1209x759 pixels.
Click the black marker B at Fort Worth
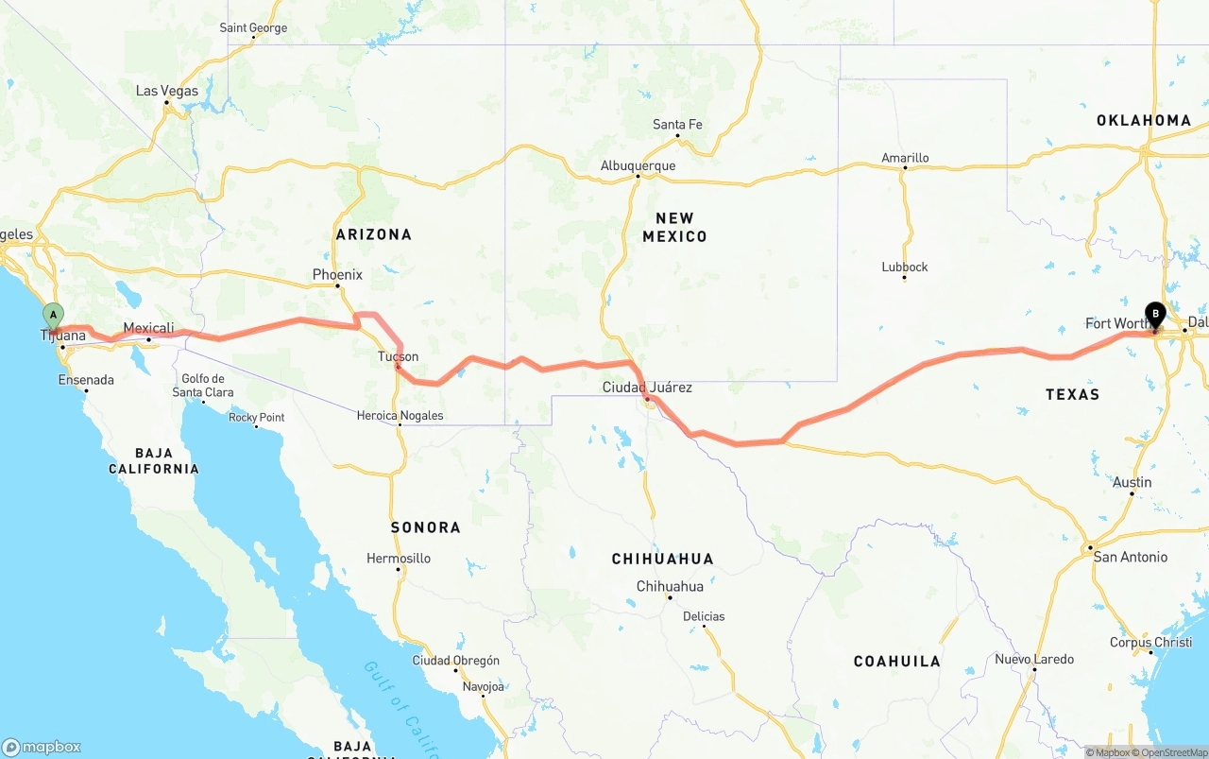1154,315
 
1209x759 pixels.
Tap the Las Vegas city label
167,91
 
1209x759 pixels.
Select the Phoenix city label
337,275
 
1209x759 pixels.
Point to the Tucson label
398,356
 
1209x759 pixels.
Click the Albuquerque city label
638,165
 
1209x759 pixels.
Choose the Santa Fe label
677,125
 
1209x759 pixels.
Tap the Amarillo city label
905,158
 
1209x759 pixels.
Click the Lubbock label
905,267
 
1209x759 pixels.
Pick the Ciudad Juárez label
647,388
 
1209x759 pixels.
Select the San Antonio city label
1130,557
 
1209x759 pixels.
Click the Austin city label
1132,482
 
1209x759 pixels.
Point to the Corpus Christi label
1150,643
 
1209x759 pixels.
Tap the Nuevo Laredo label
1034,659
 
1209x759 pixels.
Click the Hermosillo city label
399,559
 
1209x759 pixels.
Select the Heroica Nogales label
400,416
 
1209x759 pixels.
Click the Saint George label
253,28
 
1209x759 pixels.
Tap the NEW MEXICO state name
674,227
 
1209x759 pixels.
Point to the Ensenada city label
86,380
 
